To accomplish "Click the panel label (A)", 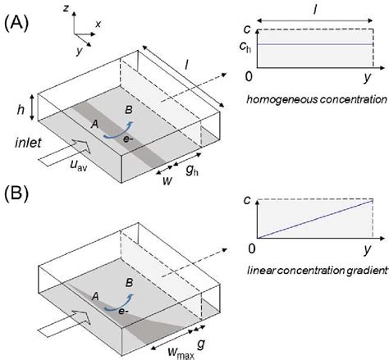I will (x=19, y=23).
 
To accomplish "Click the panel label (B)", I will (x=19, y=198).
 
